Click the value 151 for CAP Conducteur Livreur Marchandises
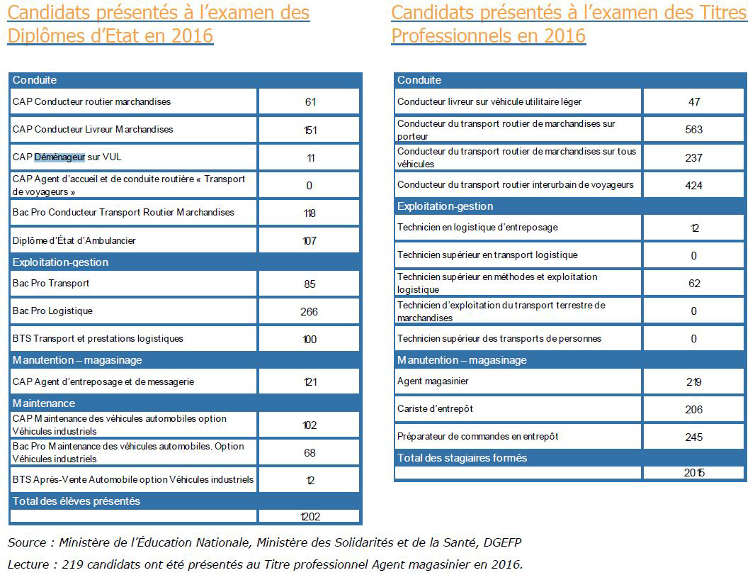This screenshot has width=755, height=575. click(310, 130)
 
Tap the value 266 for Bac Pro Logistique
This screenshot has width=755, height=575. click(309, 311)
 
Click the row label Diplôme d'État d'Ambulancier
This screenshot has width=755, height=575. click(74, 240)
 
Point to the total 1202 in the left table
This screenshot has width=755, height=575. click(309, 517)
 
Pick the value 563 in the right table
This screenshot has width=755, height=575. click(694, 130)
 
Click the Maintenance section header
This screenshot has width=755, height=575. click(44, 403)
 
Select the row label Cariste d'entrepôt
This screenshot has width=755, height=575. click(435, 409)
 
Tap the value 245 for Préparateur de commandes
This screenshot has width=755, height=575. click(694, 437)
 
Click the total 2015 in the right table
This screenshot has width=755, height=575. click(694, 473)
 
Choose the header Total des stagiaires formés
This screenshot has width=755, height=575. click(462, 458)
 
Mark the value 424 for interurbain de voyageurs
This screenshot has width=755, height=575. click(694, 185)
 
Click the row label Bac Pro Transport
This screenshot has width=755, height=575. click(51, 283)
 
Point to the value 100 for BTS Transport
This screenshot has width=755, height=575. click(310, 339)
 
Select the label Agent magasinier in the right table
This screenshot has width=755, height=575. click(433, 381)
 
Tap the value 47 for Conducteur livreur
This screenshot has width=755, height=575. click(694, 102)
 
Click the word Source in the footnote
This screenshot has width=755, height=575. click(28, 542)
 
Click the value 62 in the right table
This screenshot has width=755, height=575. click(694, 284)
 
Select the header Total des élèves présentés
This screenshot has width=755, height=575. click(76, 501)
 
